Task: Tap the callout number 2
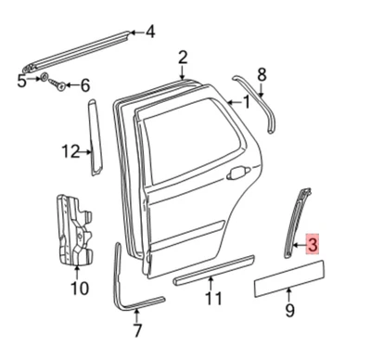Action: (183, 58)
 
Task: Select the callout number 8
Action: (262, 74)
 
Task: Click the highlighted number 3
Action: (313, 246)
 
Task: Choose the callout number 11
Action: (213, 298)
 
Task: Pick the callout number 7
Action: (138, 330)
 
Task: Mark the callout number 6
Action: (84, 86)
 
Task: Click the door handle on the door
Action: (239, 172)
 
